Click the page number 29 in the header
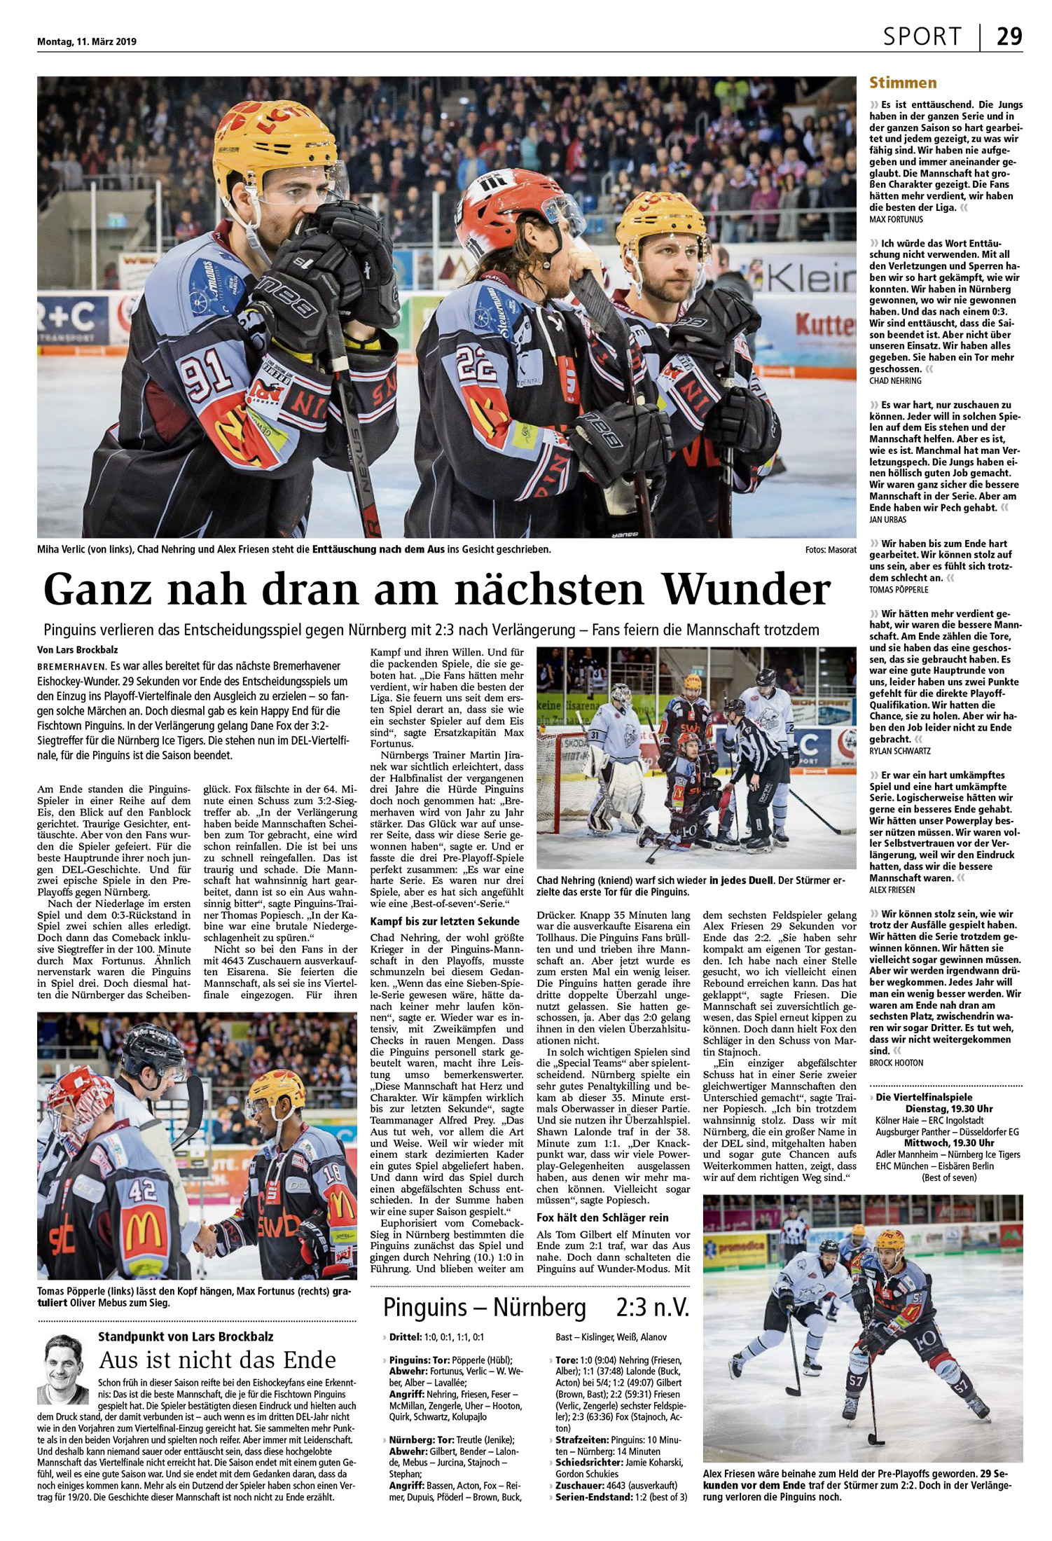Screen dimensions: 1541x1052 pos(1009,36)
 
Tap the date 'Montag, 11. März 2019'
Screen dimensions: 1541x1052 pos(87,41)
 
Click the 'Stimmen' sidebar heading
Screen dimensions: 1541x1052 pos(903,83)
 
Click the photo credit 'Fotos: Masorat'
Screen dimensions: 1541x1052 pos(831,550)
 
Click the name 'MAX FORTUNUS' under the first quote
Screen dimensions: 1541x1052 pos(896,219)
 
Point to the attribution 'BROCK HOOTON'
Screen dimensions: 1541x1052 pos(896,1063)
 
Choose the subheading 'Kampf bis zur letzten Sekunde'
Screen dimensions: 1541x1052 pos(445,921)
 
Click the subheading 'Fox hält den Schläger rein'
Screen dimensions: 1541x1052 pos(602,1217)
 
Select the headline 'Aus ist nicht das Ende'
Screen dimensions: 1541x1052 pos(218,1360)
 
